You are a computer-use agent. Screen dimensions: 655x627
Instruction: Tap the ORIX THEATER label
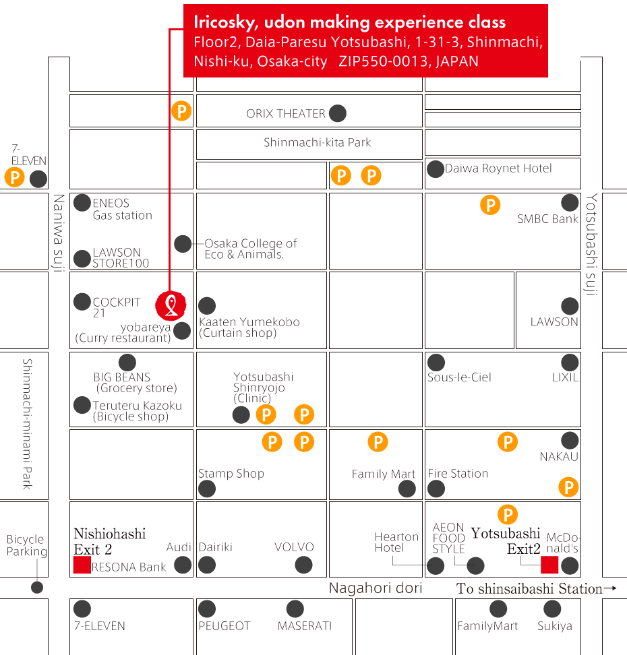pyautogui.click(x=286, y=114)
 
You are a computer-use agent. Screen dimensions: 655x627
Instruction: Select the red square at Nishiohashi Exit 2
pyautogui.click(x=82, y=565)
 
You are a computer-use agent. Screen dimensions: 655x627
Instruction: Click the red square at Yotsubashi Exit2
pyautogui.click(x=549, y=565)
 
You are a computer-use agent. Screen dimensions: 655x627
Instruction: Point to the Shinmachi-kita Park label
pyautogui.click(x=317, y=143)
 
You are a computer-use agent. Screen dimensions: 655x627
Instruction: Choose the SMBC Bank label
pyautogui.click(x=547, y=219)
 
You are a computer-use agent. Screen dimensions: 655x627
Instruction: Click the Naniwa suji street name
pyautogui.click(x=59, y=232)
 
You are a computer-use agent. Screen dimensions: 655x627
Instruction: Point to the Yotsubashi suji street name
pyautogui.click(x=591, y=245)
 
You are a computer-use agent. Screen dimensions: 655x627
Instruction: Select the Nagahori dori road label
pyautogui.click(x=376, y=588)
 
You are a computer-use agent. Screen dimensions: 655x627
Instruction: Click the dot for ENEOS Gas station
pyautogui.click(x=82, y=202)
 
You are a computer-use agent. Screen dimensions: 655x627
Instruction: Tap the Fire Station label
pyautogui.click(x=458, y=474)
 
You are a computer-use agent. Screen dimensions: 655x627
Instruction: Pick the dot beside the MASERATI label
pyautogui.click(x=295, y=609)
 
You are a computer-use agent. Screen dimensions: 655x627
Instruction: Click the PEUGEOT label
pyautogui.click(x=225, y=626)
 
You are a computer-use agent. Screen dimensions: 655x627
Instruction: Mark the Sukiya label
pyautogui.click(x=555, y=626)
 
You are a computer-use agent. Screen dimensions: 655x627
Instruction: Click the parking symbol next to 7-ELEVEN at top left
pyautogui.click(x=15, y=178)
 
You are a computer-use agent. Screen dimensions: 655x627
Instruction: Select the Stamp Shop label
pyautogui.click(x=231, y=474)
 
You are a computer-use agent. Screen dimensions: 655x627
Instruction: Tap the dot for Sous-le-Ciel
pyautogui.click(x=436, y=362)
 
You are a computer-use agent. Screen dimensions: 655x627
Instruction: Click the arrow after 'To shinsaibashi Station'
pyautogui.click(x=610, y=588)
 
